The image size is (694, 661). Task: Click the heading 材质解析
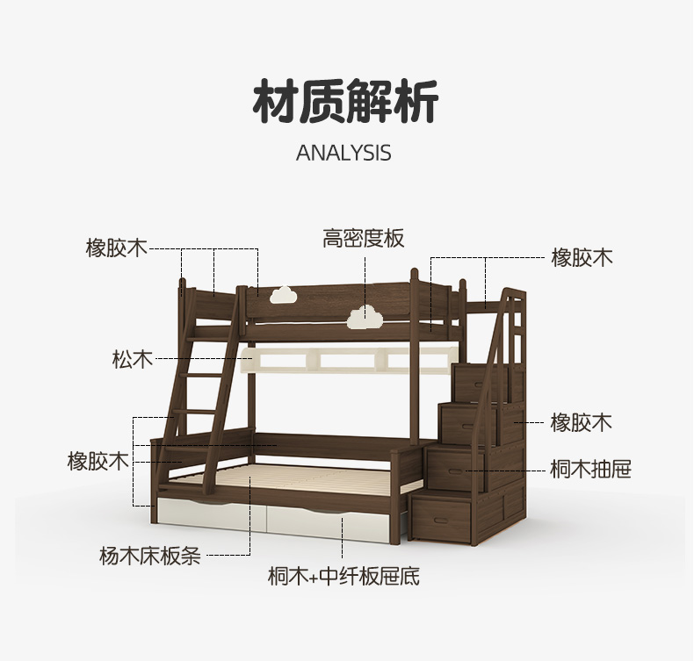point(345,104)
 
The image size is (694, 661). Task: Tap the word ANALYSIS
point(343,153)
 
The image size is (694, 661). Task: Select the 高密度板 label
point(363,238)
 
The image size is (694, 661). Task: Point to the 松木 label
point(132,358)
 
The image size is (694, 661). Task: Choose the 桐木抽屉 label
point(590,469)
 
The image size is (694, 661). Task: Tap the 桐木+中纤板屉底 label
point(343,576)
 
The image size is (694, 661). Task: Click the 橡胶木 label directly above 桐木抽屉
point(581,423)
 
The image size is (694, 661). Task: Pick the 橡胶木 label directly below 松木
point(98,461)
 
